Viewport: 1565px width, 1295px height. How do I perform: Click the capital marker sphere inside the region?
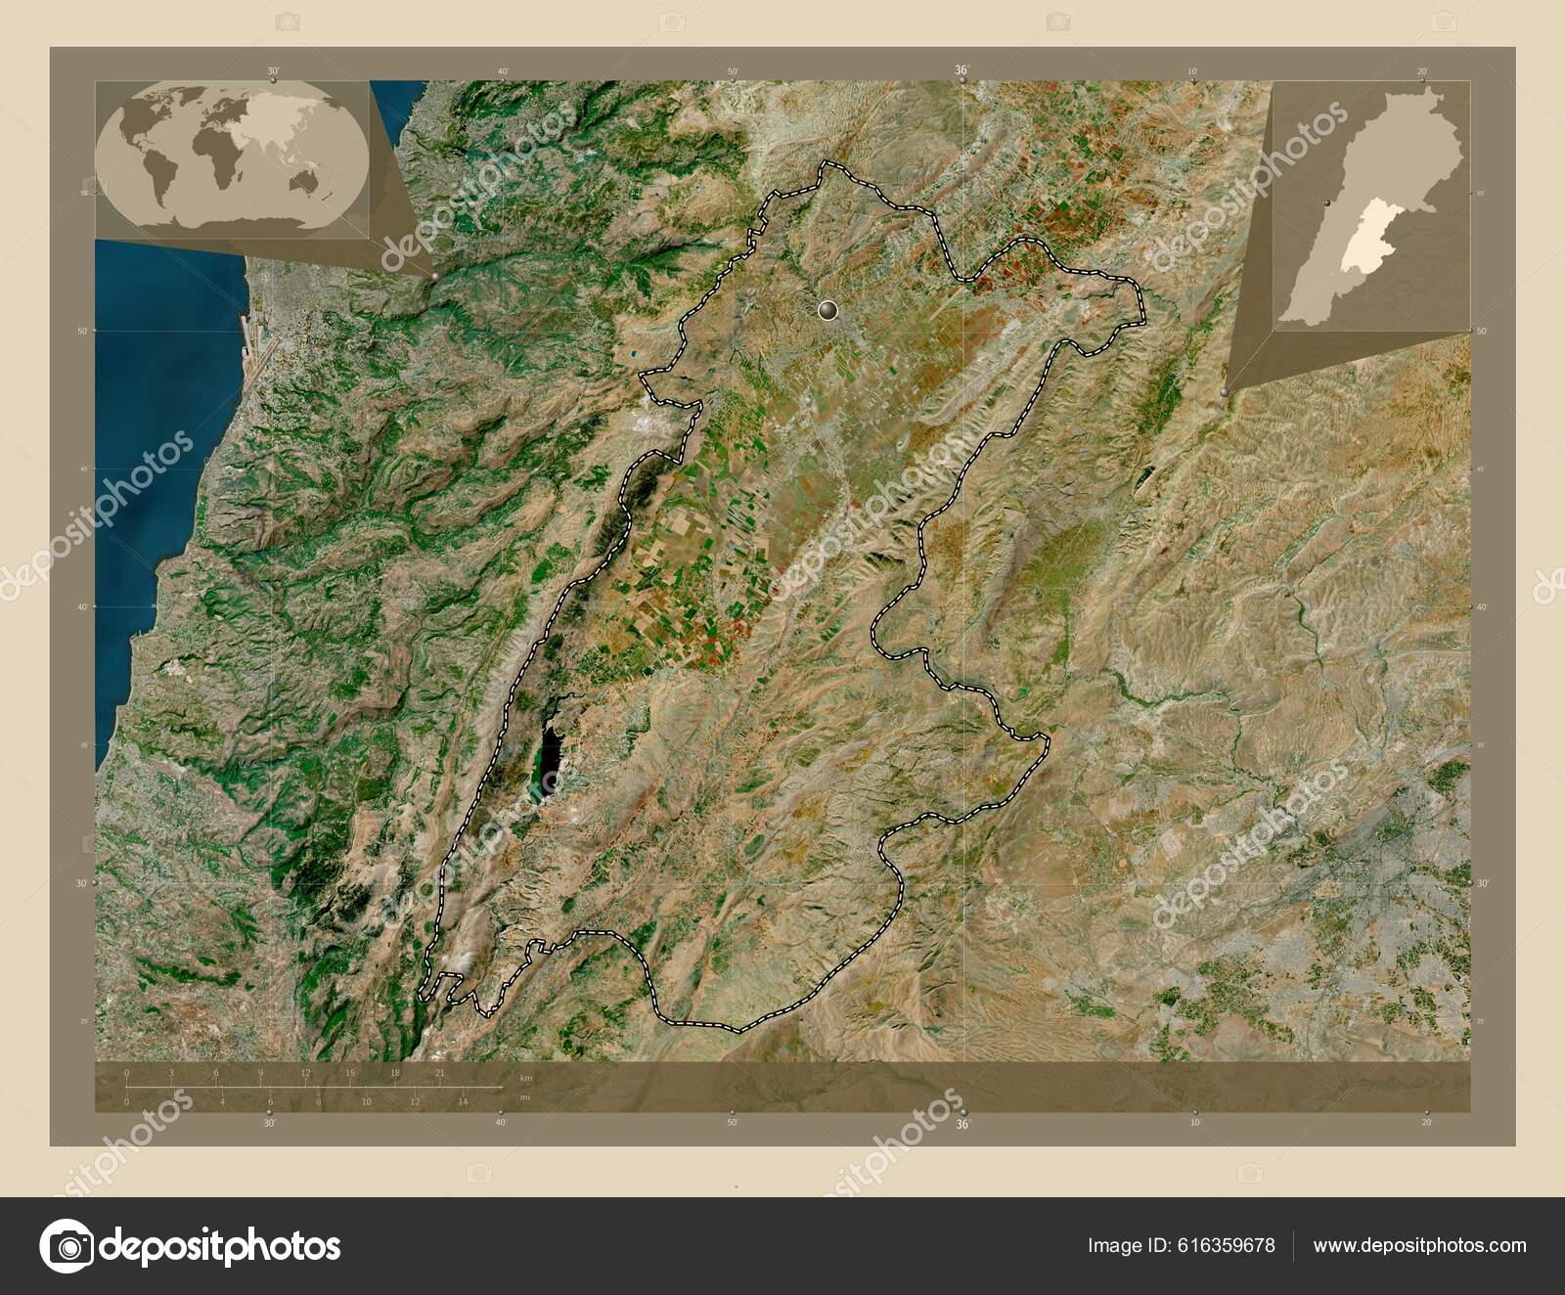coord(828,311)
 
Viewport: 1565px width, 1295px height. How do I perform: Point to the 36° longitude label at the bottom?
coord(962,1124)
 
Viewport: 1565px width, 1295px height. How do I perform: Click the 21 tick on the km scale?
coord(439,1074)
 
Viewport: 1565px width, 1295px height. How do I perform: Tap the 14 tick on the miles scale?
coord(464,1102)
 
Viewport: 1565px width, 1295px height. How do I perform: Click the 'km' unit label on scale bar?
coord(526,1078)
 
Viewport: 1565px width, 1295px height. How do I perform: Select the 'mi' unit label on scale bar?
coord(525,1097)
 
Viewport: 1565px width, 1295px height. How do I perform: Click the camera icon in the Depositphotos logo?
coord(64,1246)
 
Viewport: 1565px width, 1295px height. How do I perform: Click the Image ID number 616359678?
coord(1230,1246)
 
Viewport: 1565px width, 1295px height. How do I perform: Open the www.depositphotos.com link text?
coord(1419,1246)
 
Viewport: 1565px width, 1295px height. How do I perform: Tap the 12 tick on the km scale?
coord(305,1074)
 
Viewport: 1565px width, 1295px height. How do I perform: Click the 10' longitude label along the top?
coord(1192,71)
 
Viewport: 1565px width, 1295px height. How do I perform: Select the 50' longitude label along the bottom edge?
coord(732,1124)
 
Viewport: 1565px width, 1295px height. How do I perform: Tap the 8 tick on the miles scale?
coord(318,1102)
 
